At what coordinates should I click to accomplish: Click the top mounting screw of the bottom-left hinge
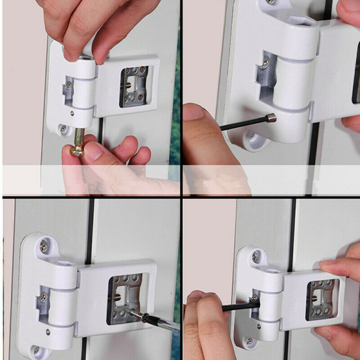click(44, 246)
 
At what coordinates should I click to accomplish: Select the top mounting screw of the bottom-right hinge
click(255, 256)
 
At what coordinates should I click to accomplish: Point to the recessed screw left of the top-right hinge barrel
click(265, 63)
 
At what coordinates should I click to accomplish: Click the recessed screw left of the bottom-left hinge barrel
click(43, 297)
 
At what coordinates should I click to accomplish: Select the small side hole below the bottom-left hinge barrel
click(48, 332)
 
